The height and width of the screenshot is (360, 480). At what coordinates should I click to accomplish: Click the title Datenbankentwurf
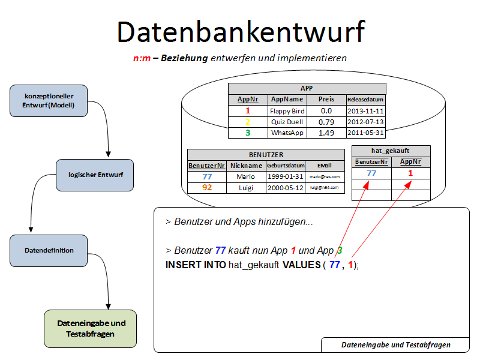pos(241,31)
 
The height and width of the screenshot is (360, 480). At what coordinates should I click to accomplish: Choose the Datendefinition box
pos(49,250)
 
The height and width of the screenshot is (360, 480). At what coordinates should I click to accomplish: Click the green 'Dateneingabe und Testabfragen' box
pos(91,328)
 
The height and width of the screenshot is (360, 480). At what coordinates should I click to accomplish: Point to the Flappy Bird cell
pos(287,111)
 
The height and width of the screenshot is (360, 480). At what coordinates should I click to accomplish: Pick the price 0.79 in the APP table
pos(326,122)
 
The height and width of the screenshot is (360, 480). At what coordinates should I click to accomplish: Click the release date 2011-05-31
pos(365,133)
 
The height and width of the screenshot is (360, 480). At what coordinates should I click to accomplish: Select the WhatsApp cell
pos(287,133)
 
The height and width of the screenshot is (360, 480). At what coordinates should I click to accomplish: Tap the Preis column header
pos(326,100)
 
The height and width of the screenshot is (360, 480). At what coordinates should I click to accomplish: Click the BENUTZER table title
pos(266,154)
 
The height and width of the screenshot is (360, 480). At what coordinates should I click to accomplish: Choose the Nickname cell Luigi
pos(246,188)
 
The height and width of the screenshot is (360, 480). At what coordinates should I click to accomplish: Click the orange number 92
pos(207,188)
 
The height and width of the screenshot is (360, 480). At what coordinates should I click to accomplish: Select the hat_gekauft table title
pos(391,151)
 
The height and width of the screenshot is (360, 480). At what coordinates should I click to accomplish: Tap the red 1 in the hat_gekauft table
pos(410,173)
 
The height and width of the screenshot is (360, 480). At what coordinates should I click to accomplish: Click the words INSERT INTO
pos(196,265)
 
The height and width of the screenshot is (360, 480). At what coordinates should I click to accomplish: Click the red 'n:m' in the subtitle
pos(142,58)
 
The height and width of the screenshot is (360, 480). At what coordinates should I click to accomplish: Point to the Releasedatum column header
pos(365,100)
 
